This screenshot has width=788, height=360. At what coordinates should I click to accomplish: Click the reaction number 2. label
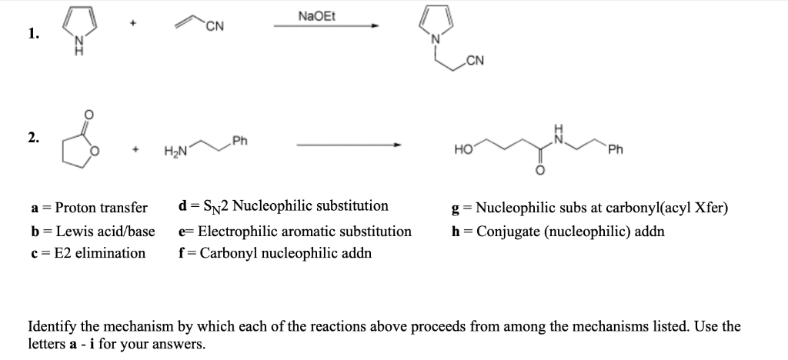tap(32, 138)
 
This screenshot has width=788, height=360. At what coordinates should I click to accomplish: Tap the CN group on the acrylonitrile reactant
tap(215, 30)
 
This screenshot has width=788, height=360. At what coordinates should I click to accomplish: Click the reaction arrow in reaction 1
tap(326, 27)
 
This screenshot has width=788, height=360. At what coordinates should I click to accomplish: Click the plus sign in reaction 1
tap(134, 24)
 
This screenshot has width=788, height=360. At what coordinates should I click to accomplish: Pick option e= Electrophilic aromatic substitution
tap(295, 231)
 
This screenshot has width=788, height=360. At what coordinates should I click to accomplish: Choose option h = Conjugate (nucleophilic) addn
tap(559, 231)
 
